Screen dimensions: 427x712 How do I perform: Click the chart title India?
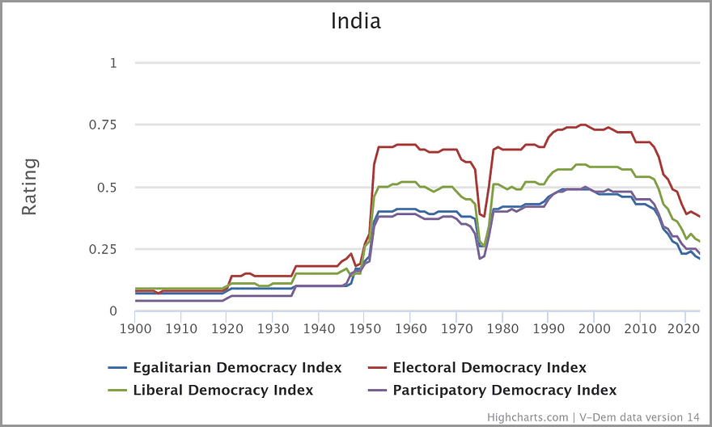click(355, 21)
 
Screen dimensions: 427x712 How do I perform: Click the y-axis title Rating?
click(29, 187)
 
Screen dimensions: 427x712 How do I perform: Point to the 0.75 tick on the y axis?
click(102, 125)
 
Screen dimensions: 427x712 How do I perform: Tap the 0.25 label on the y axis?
click(102, 249)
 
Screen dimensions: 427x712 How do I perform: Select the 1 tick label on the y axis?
click(113, 63)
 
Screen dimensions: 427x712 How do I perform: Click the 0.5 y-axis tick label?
click(107, 188)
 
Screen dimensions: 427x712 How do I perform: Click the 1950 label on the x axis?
click(365, 329)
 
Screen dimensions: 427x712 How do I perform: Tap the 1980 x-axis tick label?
click(502, 329)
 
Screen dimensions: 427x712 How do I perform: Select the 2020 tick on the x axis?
click(686, 329)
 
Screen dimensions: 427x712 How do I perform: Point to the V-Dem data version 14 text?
click(639, 417)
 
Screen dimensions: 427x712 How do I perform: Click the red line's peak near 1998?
click(583, 125)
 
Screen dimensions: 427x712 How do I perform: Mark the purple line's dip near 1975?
click(480, 259)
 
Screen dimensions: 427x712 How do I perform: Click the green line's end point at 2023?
click(699, 242)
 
